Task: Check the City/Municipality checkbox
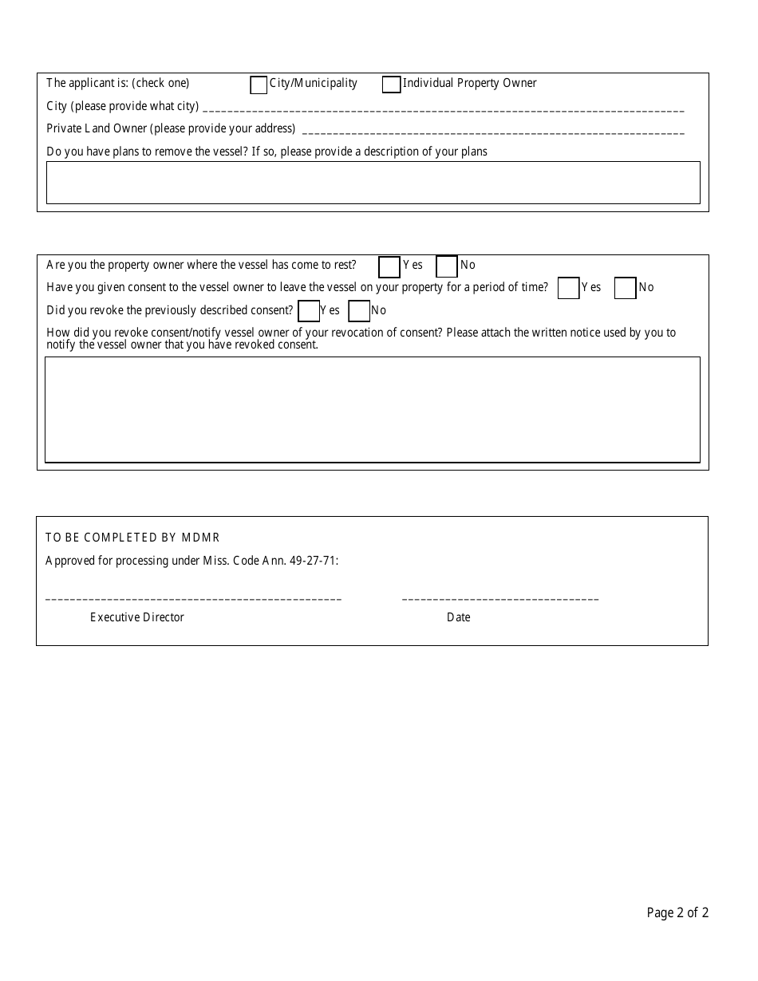point(259,85)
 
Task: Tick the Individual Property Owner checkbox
point(391,85)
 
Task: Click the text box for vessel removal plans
point(373,183)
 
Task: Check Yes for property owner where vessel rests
point(389,266)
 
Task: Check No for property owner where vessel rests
point(447,266)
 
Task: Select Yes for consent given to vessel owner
point(568,288)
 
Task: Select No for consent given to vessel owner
point(625,288)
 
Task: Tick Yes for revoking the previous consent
point(309,311)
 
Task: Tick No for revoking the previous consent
point(359,311)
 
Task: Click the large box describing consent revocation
point(373,409)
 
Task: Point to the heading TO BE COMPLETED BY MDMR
point(132,538)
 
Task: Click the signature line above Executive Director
point(194,597)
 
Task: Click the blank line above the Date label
point(500,597)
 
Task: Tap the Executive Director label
point(137,617)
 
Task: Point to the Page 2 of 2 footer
point(677,913)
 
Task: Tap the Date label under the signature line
point(459,617)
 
